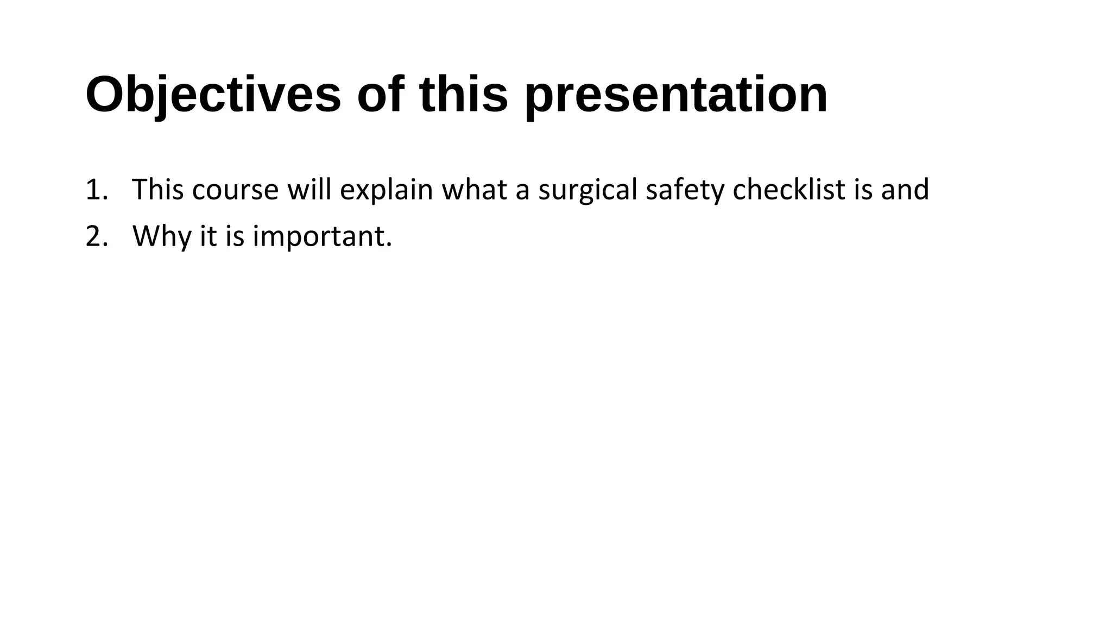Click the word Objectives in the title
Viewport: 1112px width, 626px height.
tap(213, 95)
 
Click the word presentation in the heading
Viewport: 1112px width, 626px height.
tap(676, 95)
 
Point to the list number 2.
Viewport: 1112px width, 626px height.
tap(96, 236)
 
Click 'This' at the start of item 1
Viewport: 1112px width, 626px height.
tap(158, 190)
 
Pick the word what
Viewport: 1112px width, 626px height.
tap(474, 190)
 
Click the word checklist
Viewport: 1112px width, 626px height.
tap(788, 190)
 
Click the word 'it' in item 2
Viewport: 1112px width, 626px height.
tap(208, 236)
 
